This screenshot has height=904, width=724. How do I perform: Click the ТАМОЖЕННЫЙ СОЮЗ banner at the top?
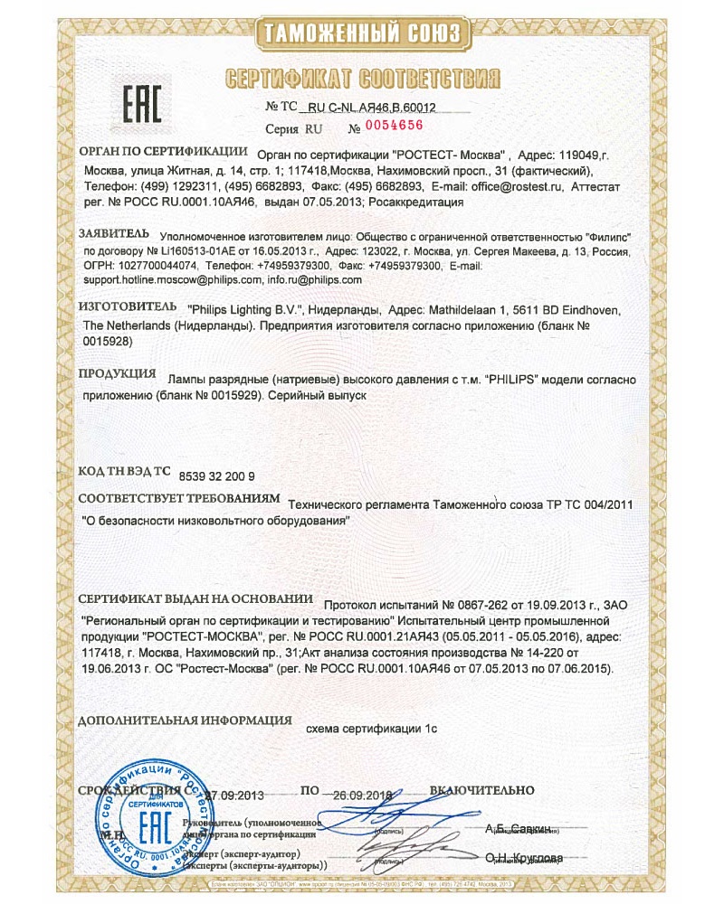point(362,34)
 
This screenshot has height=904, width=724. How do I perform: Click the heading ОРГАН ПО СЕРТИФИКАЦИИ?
point(163,152)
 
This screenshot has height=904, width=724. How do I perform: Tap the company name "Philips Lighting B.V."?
point(233,310)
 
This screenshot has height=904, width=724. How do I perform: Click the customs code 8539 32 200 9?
point(218,476)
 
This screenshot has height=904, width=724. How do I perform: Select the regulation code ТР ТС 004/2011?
point(590,503)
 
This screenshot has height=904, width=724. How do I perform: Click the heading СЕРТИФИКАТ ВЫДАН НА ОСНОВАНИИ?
point(195,599)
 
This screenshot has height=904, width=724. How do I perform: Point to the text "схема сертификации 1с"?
point(372,726)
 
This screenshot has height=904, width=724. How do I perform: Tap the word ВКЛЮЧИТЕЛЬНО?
point(490,791)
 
